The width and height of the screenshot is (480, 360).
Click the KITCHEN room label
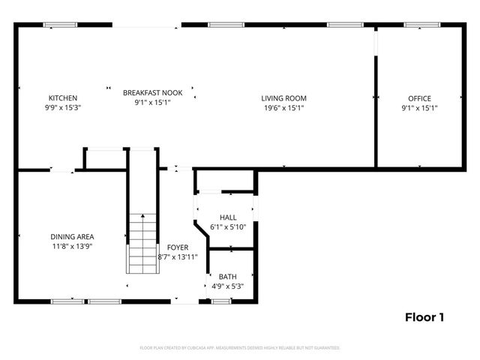[63, 98]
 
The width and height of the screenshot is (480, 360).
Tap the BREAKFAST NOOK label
[153, 92]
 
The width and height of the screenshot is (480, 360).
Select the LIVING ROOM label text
[283, 98]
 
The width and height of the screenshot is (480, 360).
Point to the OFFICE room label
[419, 98]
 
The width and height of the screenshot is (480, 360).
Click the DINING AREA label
[72, 236]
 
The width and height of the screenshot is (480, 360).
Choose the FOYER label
[178, 247]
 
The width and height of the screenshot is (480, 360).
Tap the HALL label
[228, 217]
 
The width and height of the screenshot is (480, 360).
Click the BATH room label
[227, 277]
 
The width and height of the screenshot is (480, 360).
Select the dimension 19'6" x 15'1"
[283, 108]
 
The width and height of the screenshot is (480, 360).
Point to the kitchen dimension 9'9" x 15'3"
[63, 108]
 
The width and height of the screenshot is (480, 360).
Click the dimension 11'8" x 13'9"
[72, 246]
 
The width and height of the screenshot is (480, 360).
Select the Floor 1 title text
[424, 317]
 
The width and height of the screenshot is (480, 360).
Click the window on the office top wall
[417, 25]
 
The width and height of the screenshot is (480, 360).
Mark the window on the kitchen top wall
[60, 25]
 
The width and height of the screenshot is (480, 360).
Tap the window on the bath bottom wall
[220, 301]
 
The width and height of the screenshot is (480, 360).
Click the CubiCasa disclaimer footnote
[240, 348]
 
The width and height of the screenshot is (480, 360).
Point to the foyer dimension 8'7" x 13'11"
[178, 256]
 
